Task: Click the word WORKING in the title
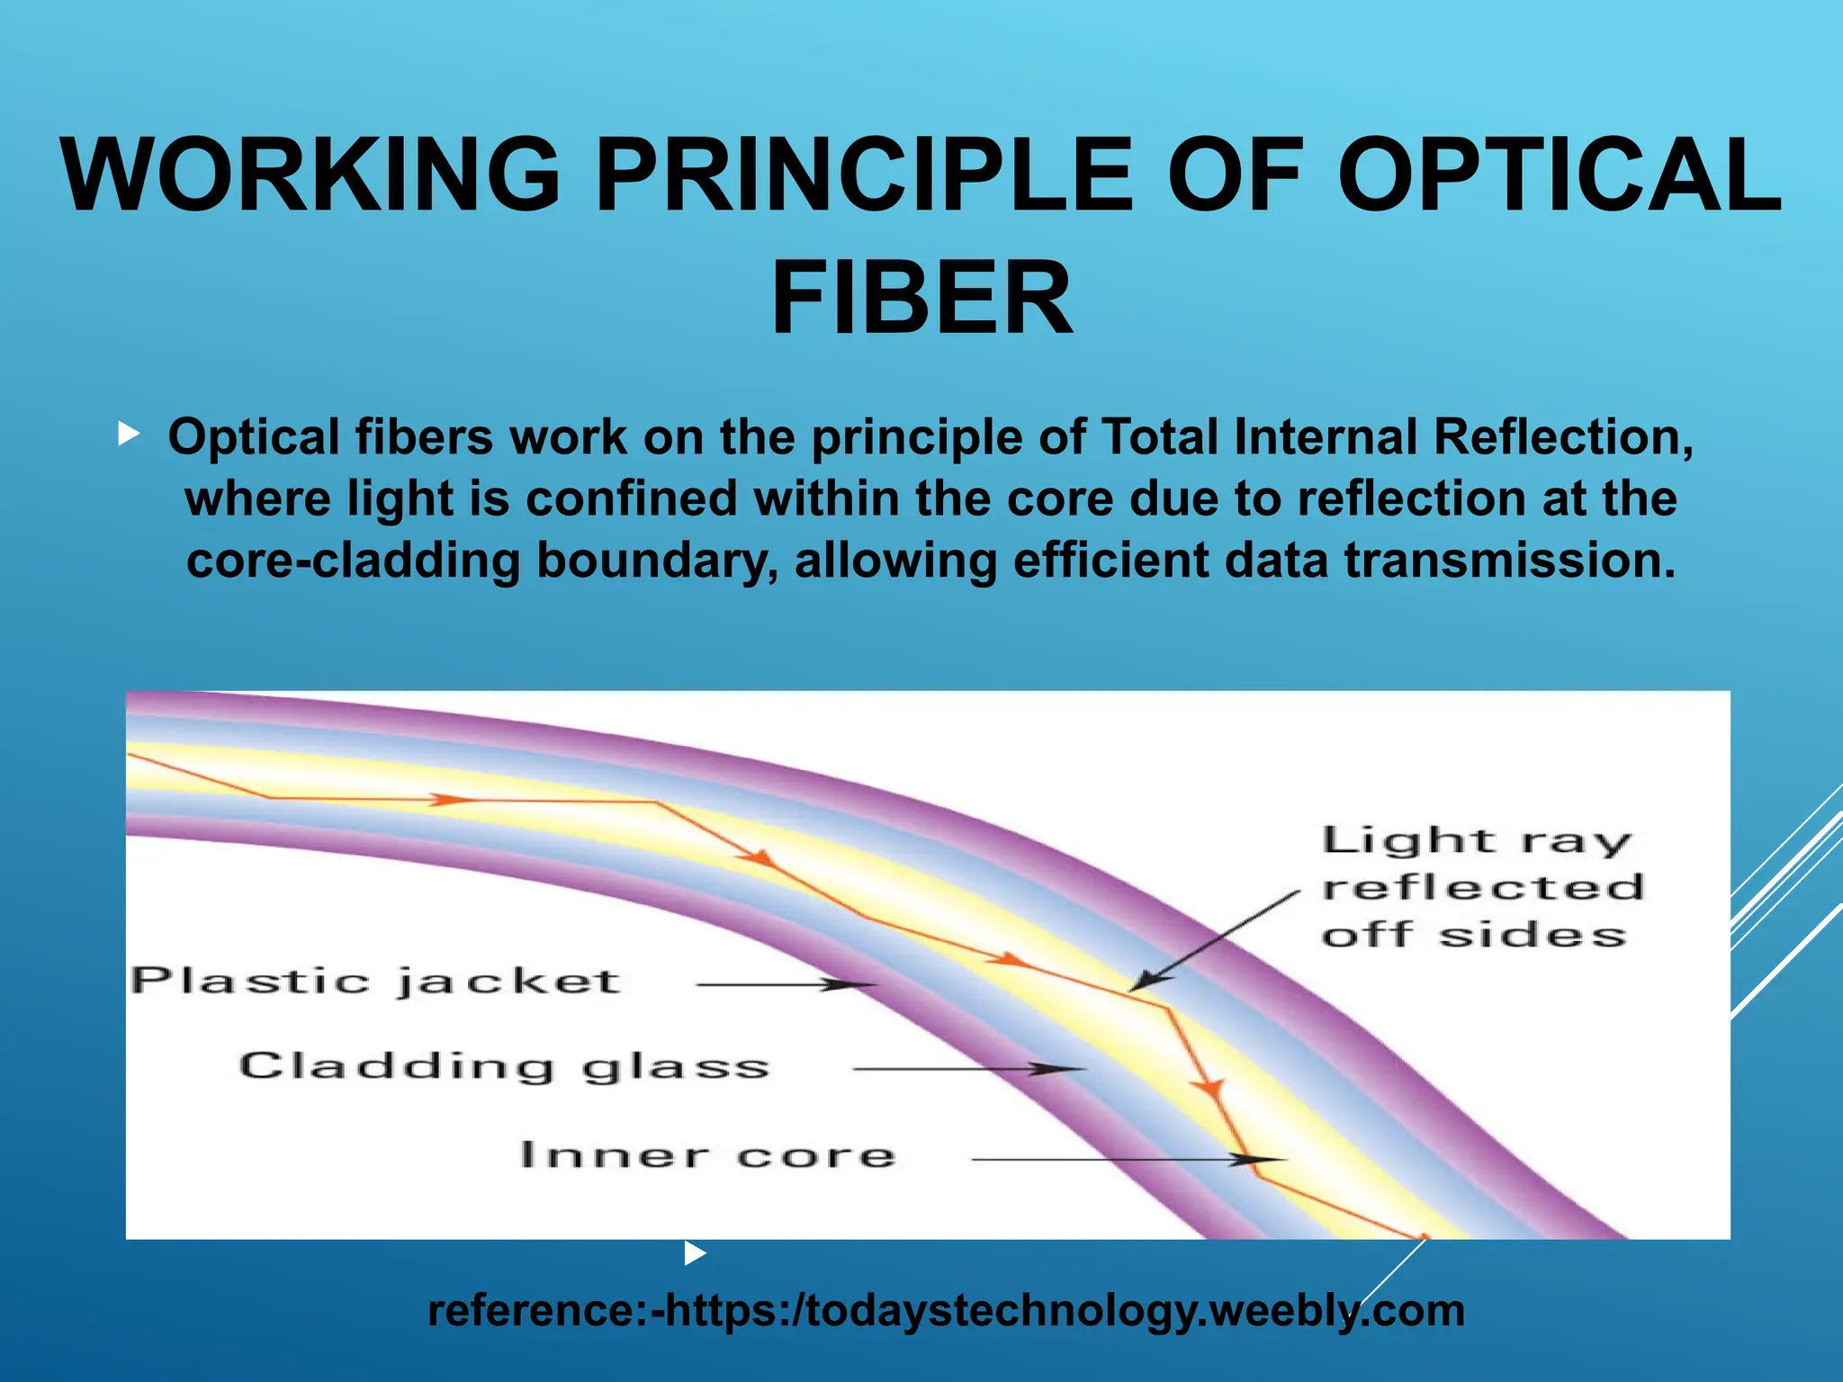[311, 175]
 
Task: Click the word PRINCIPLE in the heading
[865, 175]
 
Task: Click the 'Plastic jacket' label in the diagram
[375, 981]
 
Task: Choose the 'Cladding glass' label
[504, 1066]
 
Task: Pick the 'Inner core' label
[707, 1154]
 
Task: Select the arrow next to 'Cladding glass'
[967, 1069]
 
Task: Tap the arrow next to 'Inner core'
[1125, 1160]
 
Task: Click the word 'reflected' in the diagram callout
[1483, 887]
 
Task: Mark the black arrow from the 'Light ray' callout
[1215, 940]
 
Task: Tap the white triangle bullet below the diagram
[695, 1252]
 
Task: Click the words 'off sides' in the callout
[1474, 935]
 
